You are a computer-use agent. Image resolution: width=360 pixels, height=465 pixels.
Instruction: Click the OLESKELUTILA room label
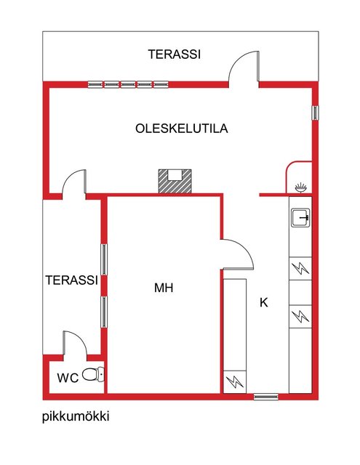click(x=182, y=129)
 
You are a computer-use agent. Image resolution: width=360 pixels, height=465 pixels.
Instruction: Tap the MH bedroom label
click(x=164, y=288)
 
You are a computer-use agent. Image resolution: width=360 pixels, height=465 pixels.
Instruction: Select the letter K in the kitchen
click(x=264, y=303)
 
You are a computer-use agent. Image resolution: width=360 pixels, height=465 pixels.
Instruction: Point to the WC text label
click(x=68, y=378)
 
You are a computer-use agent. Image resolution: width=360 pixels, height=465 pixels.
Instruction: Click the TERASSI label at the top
click(x=175, y=54)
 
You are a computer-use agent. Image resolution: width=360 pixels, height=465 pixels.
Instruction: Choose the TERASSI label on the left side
click(x=71, y=280)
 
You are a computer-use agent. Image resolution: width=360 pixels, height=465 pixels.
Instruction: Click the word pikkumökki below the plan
click(x=76, y=416)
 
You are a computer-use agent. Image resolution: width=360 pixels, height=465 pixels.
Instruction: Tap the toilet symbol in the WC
click(x=93, y=374)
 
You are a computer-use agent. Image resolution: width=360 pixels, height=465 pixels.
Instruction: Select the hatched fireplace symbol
click(x=175, y=181)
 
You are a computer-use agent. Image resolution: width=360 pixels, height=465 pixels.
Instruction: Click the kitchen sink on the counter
click(x=300, y=218)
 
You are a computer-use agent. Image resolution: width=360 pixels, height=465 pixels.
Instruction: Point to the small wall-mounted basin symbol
click(x=301, y=188)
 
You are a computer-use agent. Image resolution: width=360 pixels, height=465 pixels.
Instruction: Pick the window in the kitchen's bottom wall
click(x=266, y=396)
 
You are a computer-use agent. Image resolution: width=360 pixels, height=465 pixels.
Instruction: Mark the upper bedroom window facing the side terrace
click(x=104, y=259)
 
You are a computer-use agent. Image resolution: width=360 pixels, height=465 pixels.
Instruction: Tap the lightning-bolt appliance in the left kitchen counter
click(x=235, y=382)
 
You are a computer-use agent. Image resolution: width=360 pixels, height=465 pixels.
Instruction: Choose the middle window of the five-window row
click(x=128, y=84)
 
